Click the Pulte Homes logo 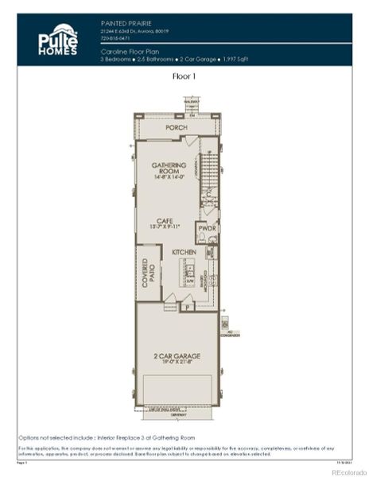coord(58,40)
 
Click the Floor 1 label coord(184,77)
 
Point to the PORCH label coord(177,128)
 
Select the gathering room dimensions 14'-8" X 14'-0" coord(169,178)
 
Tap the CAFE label coord(165,220)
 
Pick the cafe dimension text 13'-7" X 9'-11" coord(165,227)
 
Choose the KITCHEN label coord(184,252)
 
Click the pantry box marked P coord(188,305)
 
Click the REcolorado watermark coord(345,471)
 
